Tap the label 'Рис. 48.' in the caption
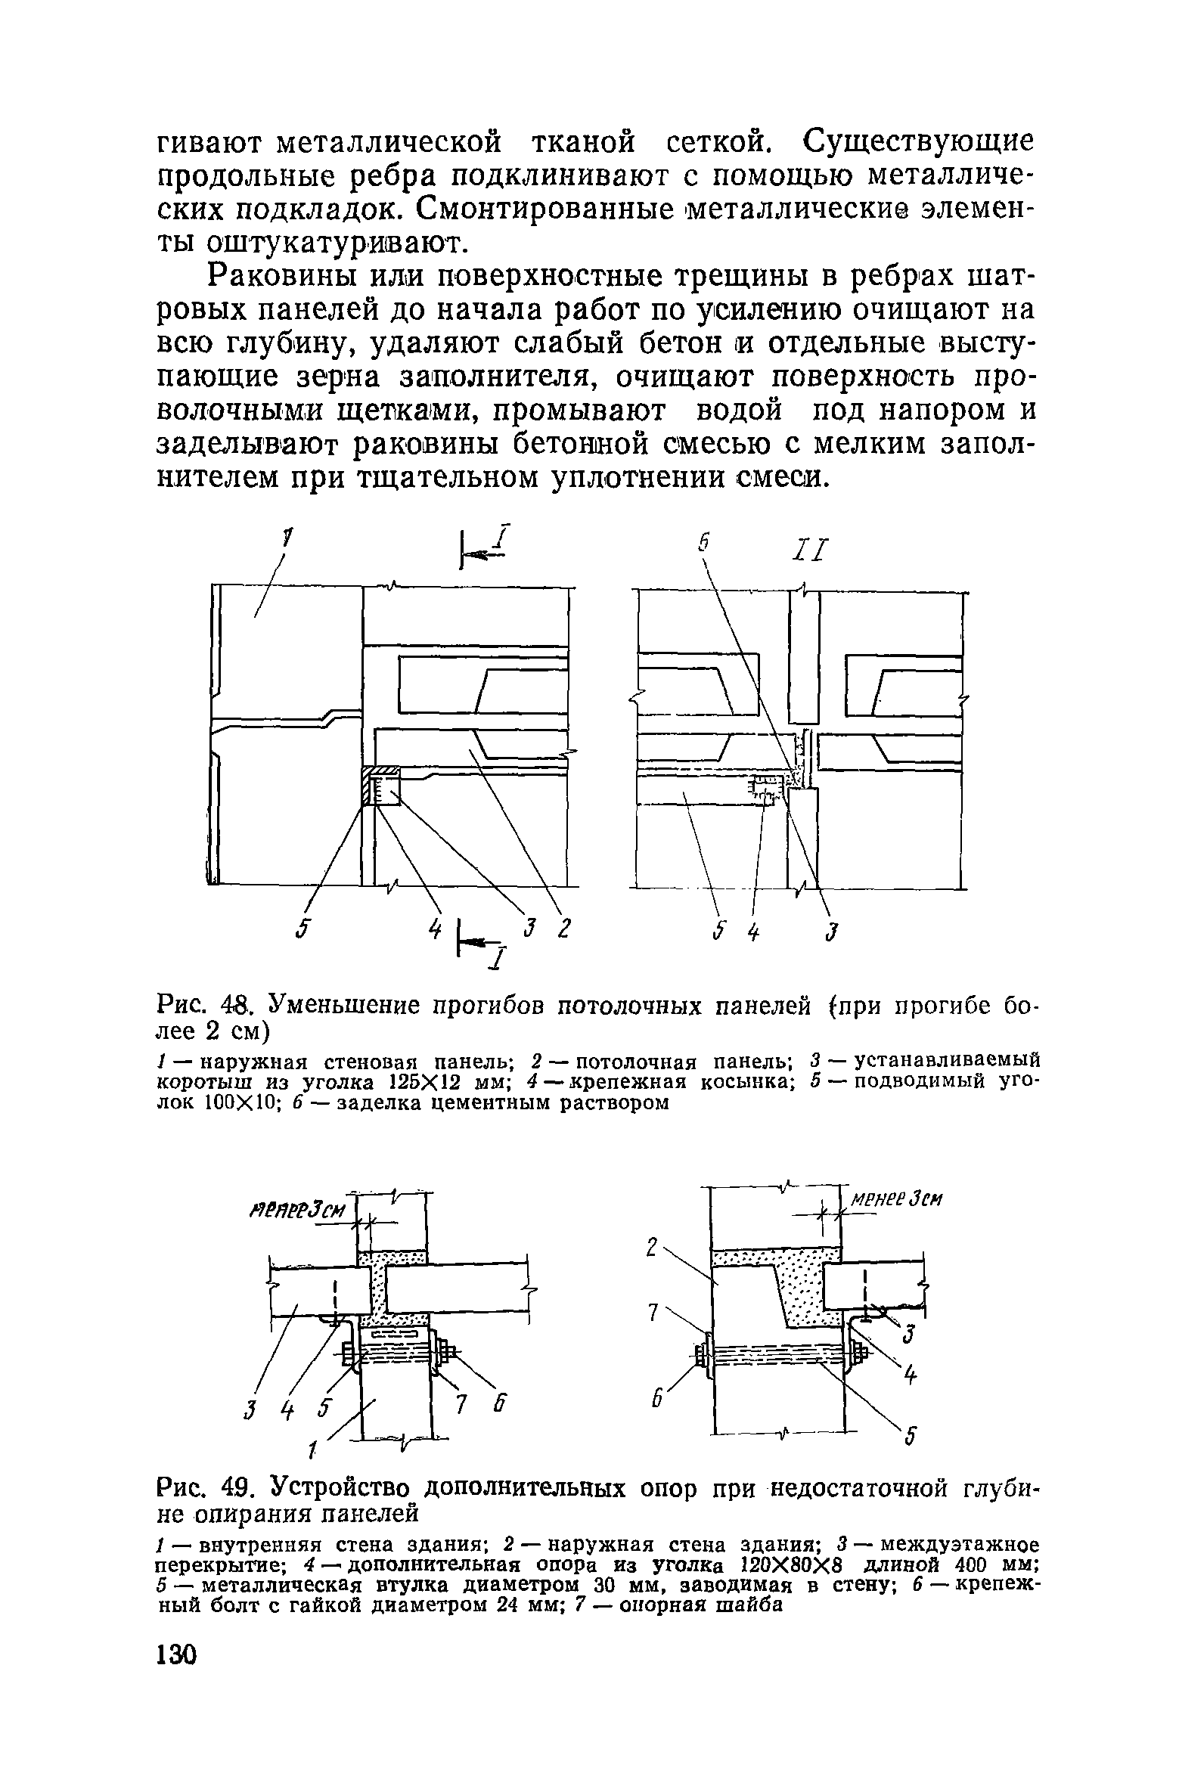199,1008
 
